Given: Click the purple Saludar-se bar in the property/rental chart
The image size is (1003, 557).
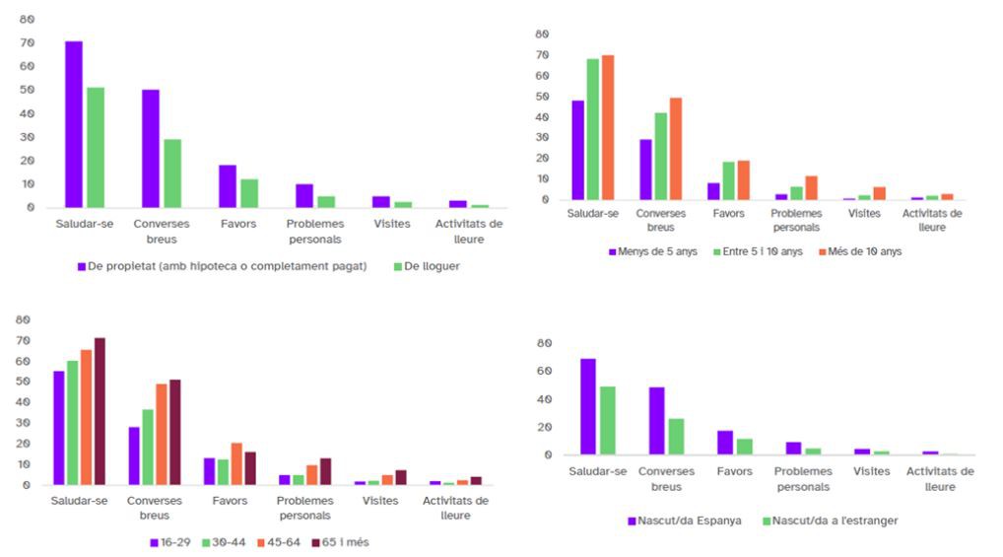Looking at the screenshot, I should point(74,124).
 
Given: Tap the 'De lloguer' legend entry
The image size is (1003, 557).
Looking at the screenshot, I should point(430,266).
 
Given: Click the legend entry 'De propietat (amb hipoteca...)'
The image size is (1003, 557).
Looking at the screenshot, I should point(222,266).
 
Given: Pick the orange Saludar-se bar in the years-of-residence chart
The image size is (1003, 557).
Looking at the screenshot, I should point(607,127).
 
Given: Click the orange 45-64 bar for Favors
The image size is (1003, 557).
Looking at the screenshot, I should point(235,464).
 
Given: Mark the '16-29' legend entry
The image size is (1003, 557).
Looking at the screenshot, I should point(170,541).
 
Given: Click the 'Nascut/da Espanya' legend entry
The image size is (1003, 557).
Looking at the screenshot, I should point(685,520).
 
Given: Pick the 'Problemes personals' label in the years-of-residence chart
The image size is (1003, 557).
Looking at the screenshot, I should point(796,220).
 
